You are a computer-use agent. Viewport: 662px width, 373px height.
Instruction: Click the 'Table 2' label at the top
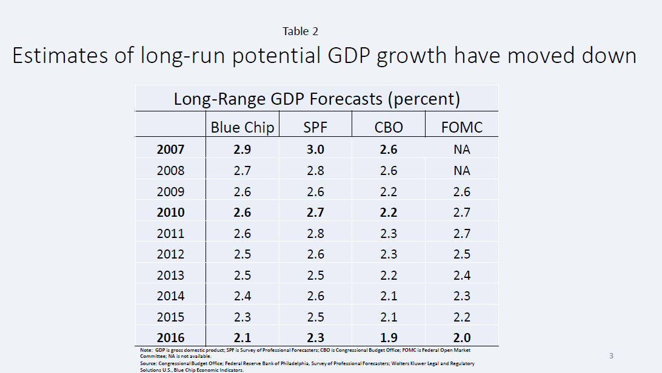(x=300, y=31)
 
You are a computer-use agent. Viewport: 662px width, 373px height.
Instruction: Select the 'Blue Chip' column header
(x=242, y=127)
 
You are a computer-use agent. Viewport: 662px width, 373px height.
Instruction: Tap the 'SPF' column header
(x=315, y=127)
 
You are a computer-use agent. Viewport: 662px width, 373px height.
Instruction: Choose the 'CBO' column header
(x=389, y=127)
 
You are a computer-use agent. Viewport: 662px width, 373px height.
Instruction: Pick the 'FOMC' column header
(x=462, y=127)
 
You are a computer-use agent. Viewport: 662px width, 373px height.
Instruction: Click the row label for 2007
(x=170, y=149)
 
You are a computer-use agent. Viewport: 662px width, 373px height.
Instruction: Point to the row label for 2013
(x=170, y=275)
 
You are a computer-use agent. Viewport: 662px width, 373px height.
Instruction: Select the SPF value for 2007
(x=315, y=149)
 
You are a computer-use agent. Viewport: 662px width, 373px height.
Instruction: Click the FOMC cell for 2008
(x=462, y=170)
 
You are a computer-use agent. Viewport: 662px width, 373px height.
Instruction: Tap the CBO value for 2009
(x=389, y=191)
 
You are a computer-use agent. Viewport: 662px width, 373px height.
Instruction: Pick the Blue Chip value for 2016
(x=242, y=338)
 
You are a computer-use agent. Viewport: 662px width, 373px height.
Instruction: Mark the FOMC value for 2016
(x=462, y=338)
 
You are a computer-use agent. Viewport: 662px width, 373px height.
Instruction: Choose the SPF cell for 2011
(x=315, y=233)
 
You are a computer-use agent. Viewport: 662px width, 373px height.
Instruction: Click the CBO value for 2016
(x=389, y=338)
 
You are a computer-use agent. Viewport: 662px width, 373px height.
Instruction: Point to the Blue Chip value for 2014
(x=242, y=296)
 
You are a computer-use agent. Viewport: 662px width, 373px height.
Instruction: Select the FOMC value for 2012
(x=462, y=254)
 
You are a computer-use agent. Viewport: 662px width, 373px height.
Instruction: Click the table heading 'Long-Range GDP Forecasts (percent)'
(x=316, y=99)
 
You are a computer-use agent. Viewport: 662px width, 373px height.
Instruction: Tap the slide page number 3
(x=611, y=355)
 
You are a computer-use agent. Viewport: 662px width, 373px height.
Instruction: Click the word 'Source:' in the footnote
(x=148, y=363)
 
